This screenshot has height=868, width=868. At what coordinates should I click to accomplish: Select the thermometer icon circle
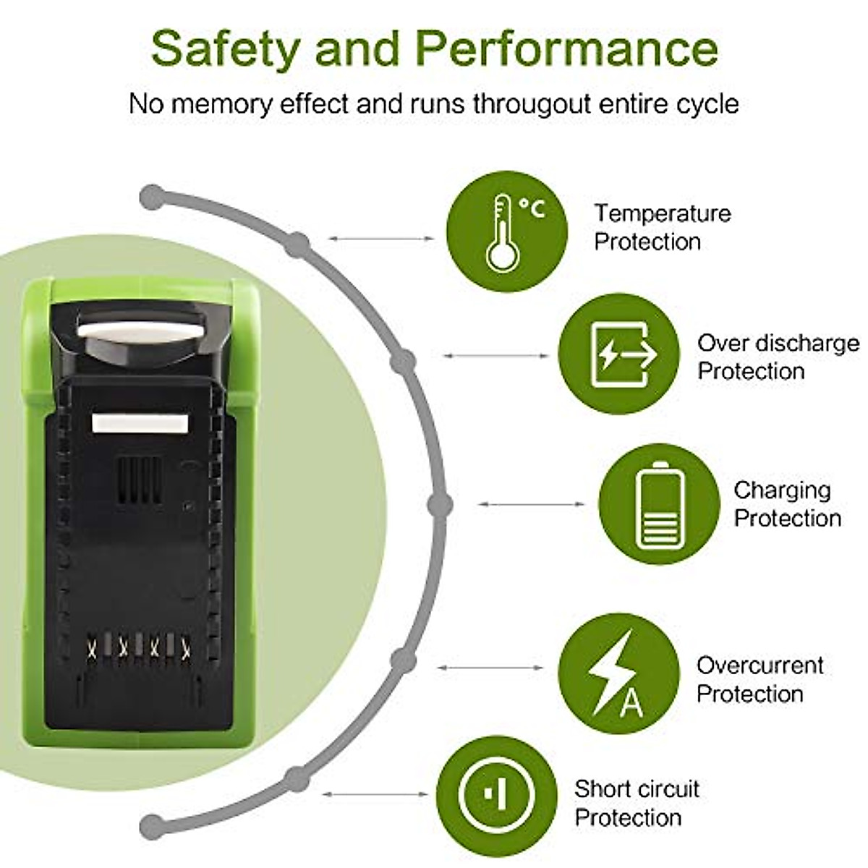(x=506, y=232)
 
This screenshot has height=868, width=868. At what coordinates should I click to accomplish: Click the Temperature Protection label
(x=662, y=227)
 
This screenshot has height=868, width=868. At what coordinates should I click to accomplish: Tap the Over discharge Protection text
(x=778, y=357)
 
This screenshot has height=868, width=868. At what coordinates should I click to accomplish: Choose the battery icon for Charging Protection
(x=659, y=504)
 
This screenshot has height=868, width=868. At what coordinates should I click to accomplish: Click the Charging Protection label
(x=787, y=503)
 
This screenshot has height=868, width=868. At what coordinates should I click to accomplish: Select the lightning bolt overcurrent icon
(x=618, y=673)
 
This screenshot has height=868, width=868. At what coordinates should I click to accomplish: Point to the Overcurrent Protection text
(x=759, y=679)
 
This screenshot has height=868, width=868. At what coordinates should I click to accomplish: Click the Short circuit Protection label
(x=637, y=802)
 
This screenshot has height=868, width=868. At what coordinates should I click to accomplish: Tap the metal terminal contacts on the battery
(x=137, y=646)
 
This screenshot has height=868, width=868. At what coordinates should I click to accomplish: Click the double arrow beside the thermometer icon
(x=381, y=238)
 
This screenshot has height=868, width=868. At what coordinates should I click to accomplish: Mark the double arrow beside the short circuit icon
(x=375, y=794)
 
